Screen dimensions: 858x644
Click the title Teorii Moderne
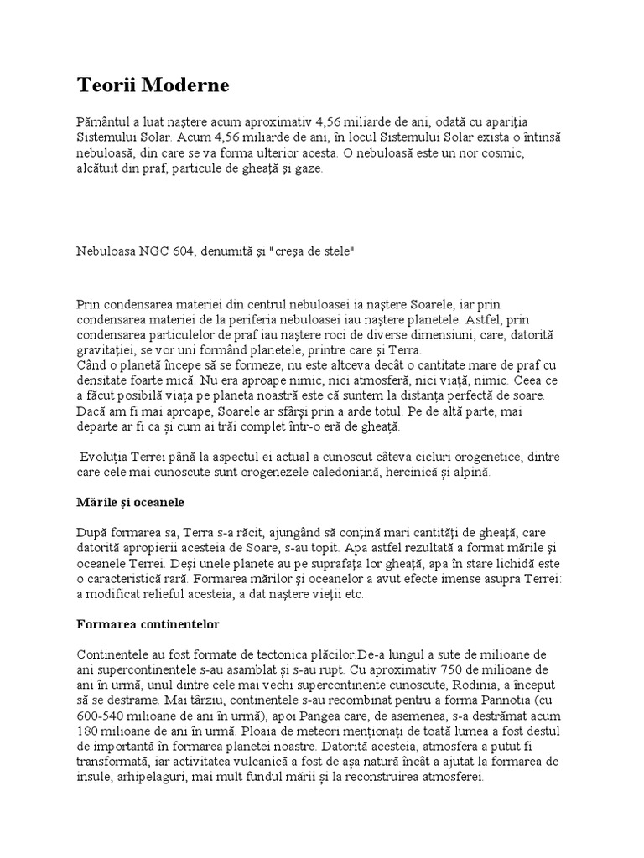(153, 85)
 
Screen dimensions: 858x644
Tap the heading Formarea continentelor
(148, 624)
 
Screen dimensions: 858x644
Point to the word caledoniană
(369, 472)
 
